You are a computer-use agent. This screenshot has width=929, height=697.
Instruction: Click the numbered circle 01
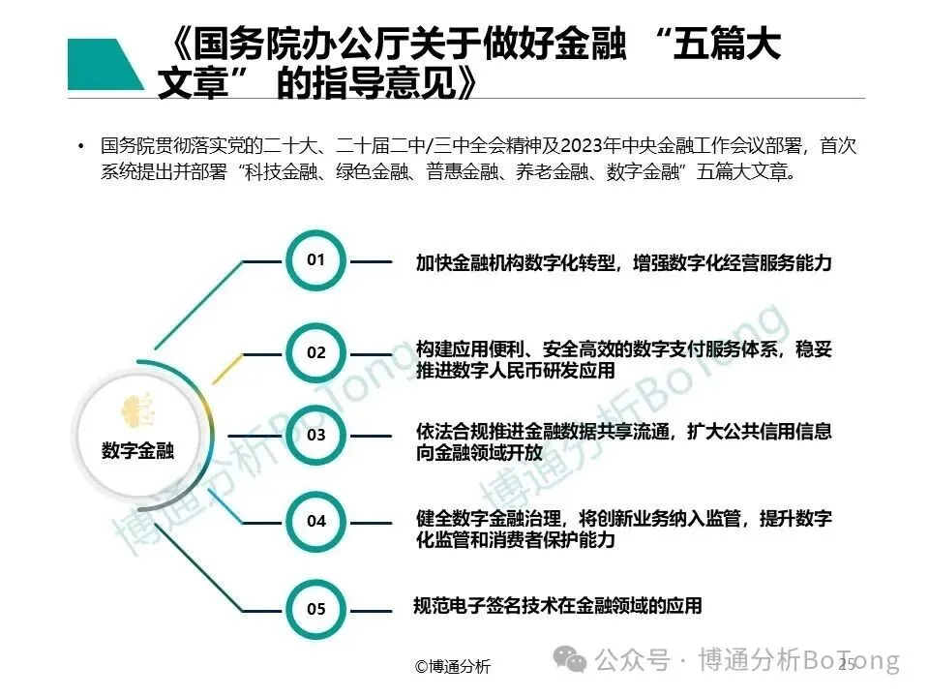[316, 260]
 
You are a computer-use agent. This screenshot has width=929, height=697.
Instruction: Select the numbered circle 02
[316, 352]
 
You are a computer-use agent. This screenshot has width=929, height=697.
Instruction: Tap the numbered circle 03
[316, 436]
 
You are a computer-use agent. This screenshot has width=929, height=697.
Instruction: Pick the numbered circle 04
[316, 521]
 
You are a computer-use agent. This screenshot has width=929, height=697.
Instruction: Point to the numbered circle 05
[316, 609]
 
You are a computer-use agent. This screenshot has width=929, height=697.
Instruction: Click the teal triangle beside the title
[103, 64]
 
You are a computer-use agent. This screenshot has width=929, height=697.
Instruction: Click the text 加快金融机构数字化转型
[516, 262]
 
